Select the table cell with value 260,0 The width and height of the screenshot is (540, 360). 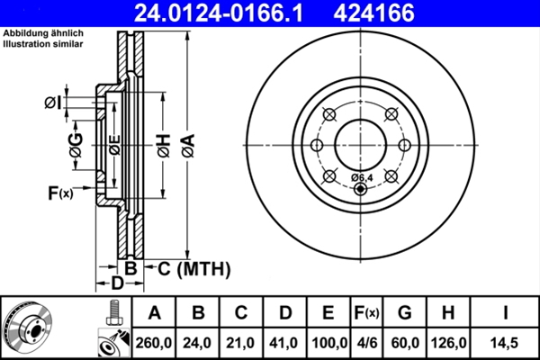[155, 342]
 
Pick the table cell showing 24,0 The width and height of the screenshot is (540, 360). [198, 342]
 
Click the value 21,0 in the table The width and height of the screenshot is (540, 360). [241, 342]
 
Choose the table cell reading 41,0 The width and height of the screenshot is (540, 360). [284, 342]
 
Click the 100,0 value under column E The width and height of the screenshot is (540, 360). [328, 342]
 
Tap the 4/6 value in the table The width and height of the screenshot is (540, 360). [366, 342]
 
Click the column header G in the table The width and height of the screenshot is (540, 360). [405, 313]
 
